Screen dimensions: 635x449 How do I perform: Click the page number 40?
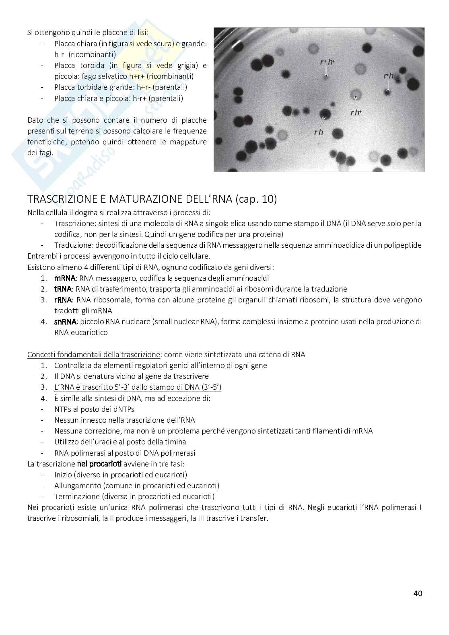(x=418, y=593)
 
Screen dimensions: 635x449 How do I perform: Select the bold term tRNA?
(x=63, y=289)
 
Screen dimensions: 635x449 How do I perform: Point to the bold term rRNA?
(x=63, y=300)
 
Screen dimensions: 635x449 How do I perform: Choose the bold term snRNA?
(x=65, y=321)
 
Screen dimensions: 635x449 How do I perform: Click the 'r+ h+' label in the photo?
(x=327, y=62)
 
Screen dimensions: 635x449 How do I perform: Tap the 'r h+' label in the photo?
(x=356, y=113)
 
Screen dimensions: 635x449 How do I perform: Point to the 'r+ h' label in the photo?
(x=388, y=76)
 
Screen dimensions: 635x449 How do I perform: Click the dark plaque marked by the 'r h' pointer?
(x=325, y=116)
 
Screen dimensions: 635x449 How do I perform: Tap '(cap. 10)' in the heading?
(x=256, y=199)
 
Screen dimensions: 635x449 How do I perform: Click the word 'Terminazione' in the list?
(x=75, y=496)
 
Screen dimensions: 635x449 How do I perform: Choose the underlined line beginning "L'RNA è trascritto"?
(x=138, y=387)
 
